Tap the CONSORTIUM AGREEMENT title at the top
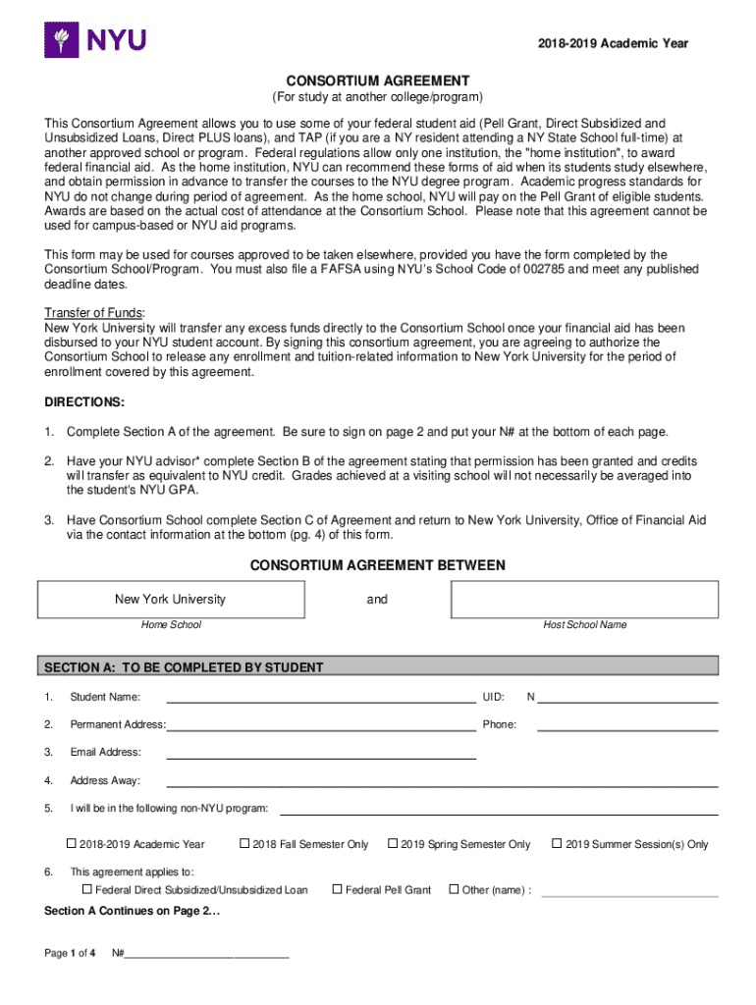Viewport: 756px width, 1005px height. [x=377, y=80]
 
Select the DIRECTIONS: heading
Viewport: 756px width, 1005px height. [x=84, y=402]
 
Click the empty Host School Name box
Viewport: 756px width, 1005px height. [x=584, y=600]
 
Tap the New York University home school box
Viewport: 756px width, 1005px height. [x=171, y=600]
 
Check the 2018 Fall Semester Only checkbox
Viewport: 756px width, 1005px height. [x=244, y=844]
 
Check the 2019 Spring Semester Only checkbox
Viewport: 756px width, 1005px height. [x=393, y=844]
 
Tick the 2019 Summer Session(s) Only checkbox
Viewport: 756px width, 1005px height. [x=558, y=844]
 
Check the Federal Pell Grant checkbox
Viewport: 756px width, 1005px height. [x=337, y=889]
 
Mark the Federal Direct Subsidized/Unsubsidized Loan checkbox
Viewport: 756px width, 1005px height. [x=87, y=889]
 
